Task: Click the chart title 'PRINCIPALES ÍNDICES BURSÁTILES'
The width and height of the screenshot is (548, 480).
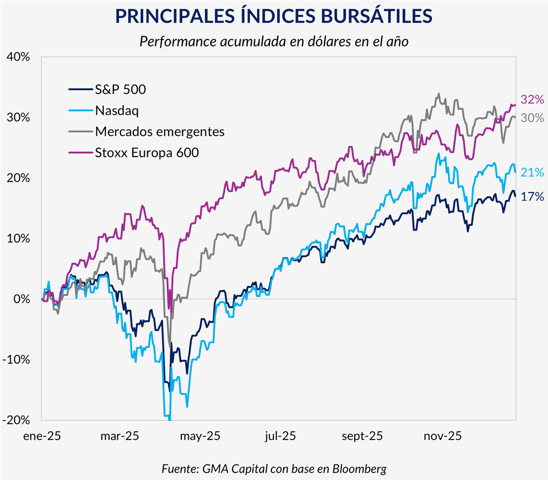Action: click(274, 16)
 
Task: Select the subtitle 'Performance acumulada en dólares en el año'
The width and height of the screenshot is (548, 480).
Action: click(274, 42)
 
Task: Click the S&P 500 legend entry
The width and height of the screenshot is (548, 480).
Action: click(121, 90)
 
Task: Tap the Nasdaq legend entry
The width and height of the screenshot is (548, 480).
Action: click(117, 111)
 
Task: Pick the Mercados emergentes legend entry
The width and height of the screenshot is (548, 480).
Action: click(160, 132)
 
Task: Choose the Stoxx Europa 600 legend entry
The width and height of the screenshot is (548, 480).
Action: click(147, 153)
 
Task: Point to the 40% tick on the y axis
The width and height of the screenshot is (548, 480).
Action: click(18, 57)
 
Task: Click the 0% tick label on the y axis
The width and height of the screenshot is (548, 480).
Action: click(22, 299)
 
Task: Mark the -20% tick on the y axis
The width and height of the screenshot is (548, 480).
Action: click(16, 420)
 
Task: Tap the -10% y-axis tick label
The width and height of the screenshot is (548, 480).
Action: click(16, 360)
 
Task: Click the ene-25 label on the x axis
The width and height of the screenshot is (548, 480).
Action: click(42, 436)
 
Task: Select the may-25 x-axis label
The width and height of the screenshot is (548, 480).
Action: click(200, 436)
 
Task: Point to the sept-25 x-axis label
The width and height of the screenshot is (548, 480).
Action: click(362, 436)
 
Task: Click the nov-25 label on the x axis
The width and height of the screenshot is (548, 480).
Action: click(443, 436)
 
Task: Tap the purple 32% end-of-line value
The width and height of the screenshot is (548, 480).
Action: click(532, 100)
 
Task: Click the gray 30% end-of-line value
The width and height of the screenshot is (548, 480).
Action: click(532, 118)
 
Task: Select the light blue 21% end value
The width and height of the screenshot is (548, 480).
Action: click(532, 173)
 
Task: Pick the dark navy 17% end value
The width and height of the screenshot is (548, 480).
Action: click(532, 197)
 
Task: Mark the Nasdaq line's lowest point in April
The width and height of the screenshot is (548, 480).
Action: click(169, 419)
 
